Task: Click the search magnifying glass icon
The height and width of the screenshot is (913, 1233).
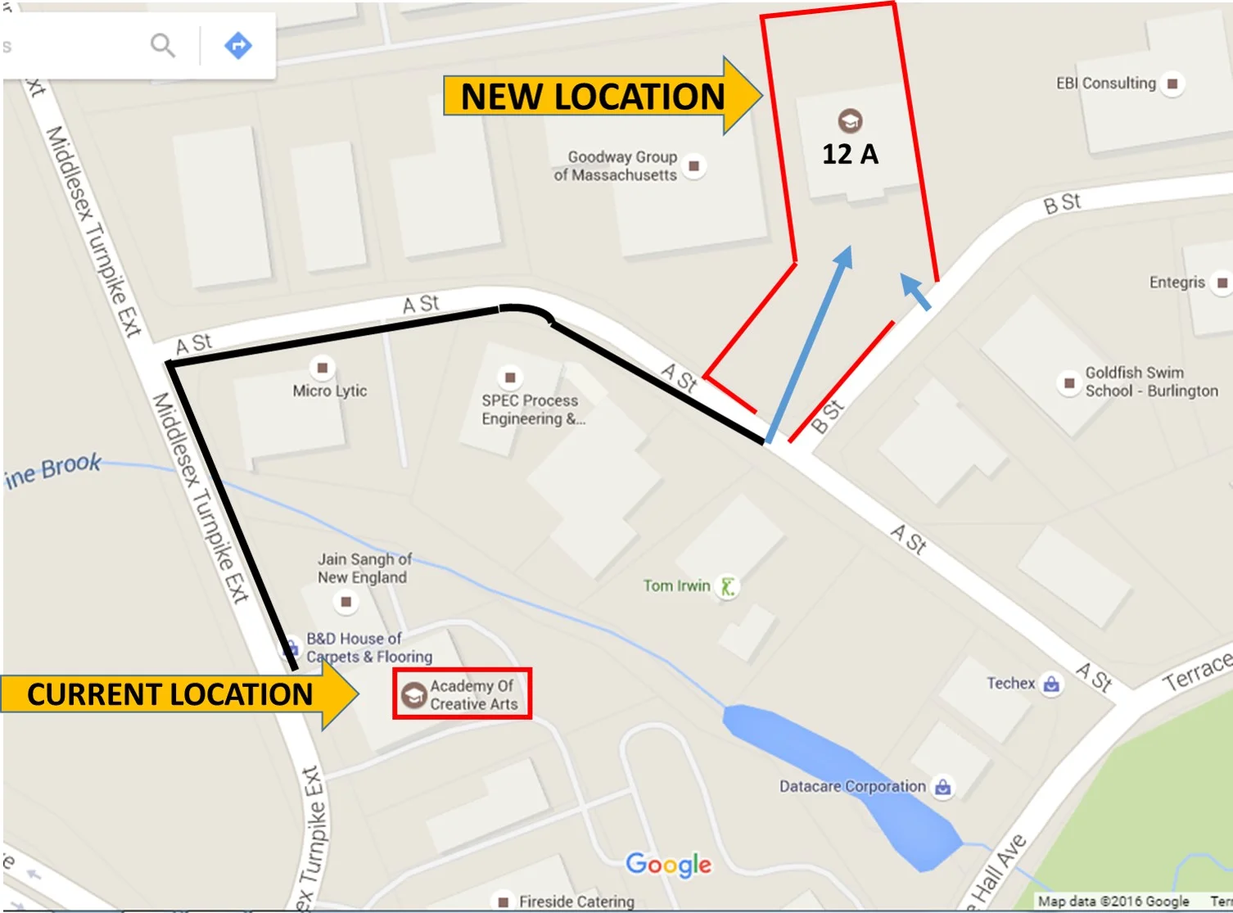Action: coord(163,45)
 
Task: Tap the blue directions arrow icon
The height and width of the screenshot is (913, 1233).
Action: coord(238,45)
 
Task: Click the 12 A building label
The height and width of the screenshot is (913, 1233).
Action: coord(850,154)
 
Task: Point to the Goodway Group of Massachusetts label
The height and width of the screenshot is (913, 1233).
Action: coord(616,165)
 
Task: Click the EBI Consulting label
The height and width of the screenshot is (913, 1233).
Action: coord(1106,83)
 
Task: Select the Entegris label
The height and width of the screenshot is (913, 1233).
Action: coord(1177,282)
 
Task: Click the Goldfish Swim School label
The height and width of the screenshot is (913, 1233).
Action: coord(1150,382)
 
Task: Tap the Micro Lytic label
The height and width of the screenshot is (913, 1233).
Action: coord(330,391)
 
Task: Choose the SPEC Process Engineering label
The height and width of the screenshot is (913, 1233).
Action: coord(531,409)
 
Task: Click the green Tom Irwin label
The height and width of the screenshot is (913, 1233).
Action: coord(676,585)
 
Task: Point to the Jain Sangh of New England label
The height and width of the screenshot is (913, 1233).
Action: coord(363,568)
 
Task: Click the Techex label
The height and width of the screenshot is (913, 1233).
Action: coord(1011,683)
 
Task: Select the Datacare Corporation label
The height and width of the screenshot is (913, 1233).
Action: coord(852,786)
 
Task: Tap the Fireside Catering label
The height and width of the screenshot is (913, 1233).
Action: coord(576,901)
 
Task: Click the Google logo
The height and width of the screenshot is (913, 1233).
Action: coord(668,865)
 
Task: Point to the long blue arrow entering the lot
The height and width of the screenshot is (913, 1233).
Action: coord(809,344)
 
